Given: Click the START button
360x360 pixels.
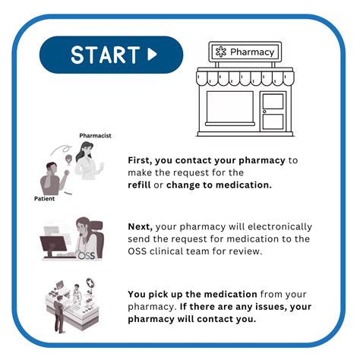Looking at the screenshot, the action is point(111,55).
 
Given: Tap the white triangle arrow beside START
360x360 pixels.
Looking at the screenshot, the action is point(152,54).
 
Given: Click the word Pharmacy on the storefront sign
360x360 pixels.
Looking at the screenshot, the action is point(252,52).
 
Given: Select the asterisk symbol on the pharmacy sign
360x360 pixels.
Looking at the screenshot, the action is point(221,52).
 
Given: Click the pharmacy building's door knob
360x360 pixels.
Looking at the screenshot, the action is point(264,112).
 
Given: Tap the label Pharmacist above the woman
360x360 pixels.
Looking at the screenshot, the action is point(95,136).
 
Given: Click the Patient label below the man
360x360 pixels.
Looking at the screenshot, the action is point(44,198).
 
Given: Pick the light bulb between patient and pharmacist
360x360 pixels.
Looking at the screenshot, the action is point(68,159).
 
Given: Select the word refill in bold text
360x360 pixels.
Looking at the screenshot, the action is point(139,185).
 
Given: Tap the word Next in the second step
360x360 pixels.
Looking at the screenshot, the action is point(141,226).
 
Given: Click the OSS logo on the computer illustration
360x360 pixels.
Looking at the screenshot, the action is point(87,256).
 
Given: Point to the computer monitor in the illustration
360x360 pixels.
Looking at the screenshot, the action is point(53,246).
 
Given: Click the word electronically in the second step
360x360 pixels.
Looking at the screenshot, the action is point(279,227).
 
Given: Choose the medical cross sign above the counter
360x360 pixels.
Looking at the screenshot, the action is point(90,283).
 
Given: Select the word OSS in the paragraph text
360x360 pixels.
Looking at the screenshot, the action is point(137,251).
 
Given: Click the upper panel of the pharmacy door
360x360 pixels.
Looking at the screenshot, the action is point(273,102).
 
